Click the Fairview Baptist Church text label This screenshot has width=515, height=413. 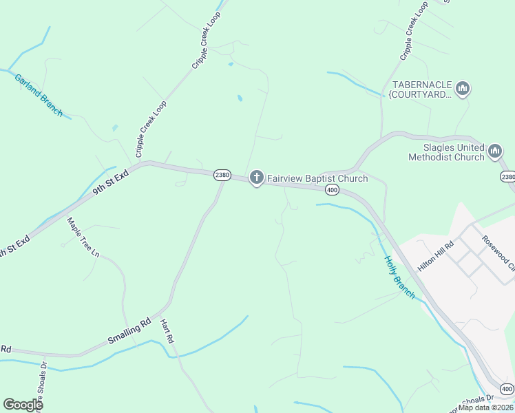pos(317,179)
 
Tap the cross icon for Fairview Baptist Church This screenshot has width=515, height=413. pos(256,179)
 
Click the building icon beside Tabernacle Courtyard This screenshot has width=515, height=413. pos(463,89)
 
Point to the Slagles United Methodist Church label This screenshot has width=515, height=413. pos(446,152)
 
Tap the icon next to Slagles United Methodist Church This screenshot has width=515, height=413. pos(494,151)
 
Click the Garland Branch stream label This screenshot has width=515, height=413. pos(39,94)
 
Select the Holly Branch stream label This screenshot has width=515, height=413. pos(399,277)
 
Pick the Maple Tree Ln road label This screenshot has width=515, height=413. pos(83,237)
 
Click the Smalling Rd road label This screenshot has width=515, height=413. pos(129,332)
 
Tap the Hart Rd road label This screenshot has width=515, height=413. pos(167,332)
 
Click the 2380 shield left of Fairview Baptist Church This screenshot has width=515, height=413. pos(221,175)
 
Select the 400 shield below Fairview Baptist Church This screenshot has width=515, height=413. pos(332,189)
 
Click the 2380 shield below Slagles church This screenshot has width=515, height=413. pos(507,177)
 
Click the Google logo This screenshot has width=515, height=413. pos(23,405)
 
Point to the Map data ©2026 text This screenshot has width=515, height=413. pos(486,407)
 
